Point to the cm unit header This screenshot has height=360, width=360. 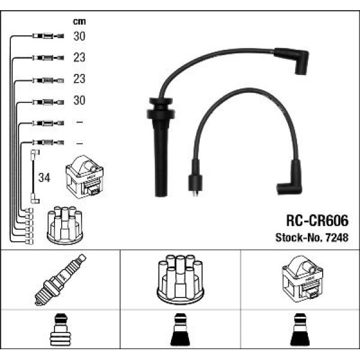[79, 21]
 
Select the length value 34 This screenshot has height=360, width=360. [44, 178]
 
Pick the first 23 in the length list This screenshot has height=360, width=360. [79, 58]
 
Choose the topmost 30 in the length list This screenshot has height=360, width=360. [79, 37]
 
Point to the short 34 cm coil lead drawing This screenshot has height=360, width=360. [33, 178]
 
